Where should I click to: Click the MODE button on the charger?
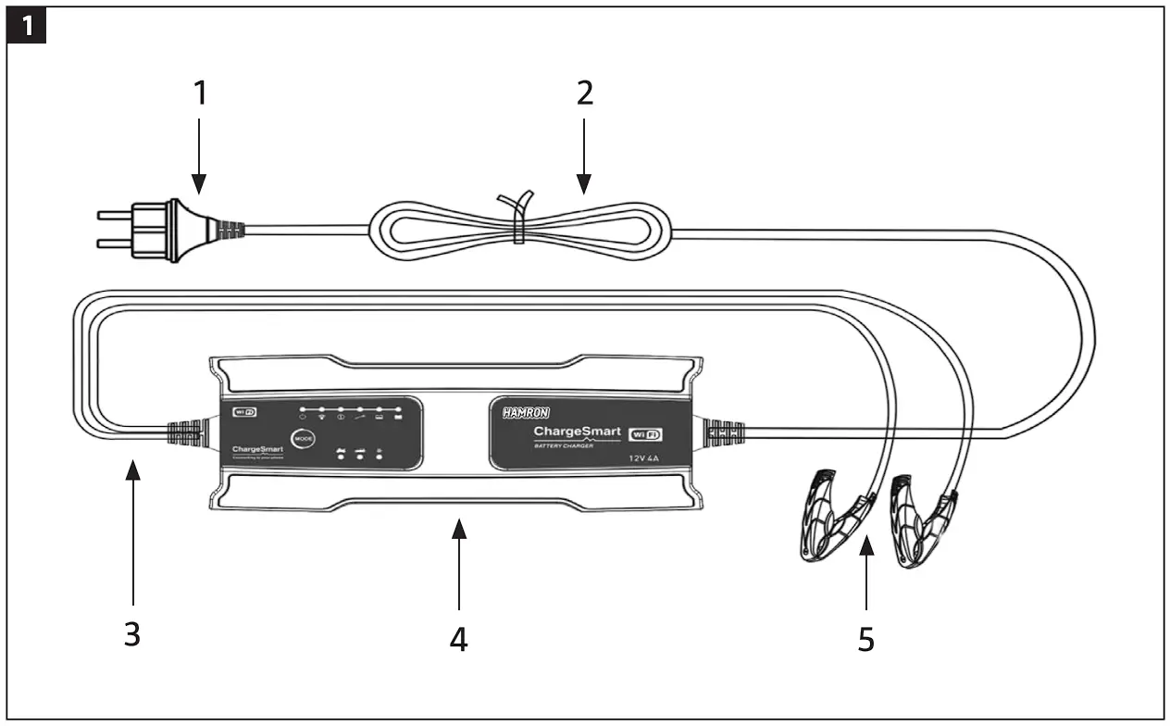click(x=303, y=439)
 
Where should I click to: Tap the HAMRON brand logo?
click(x=526, y=413)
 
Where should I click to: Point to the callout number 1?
click(x=201, y=93)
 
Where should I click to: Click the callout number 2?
click(x=584, y=93)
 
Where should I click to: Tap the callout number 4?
click(x=459, y=639)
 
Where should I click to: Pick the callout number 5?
click(x=865, y=639)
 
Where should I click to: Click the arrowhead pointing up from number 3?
click(x=133, y=470)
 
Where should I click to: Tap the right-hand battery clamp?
click(x=921, y=519)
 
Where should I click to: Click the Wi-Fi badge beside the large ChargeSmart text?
click(x=646, y=433)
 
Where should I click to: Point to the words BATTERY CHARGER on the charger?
click(x=564, y=446)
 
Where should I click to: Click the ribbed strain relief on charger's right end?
click(x=725, y=432)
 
